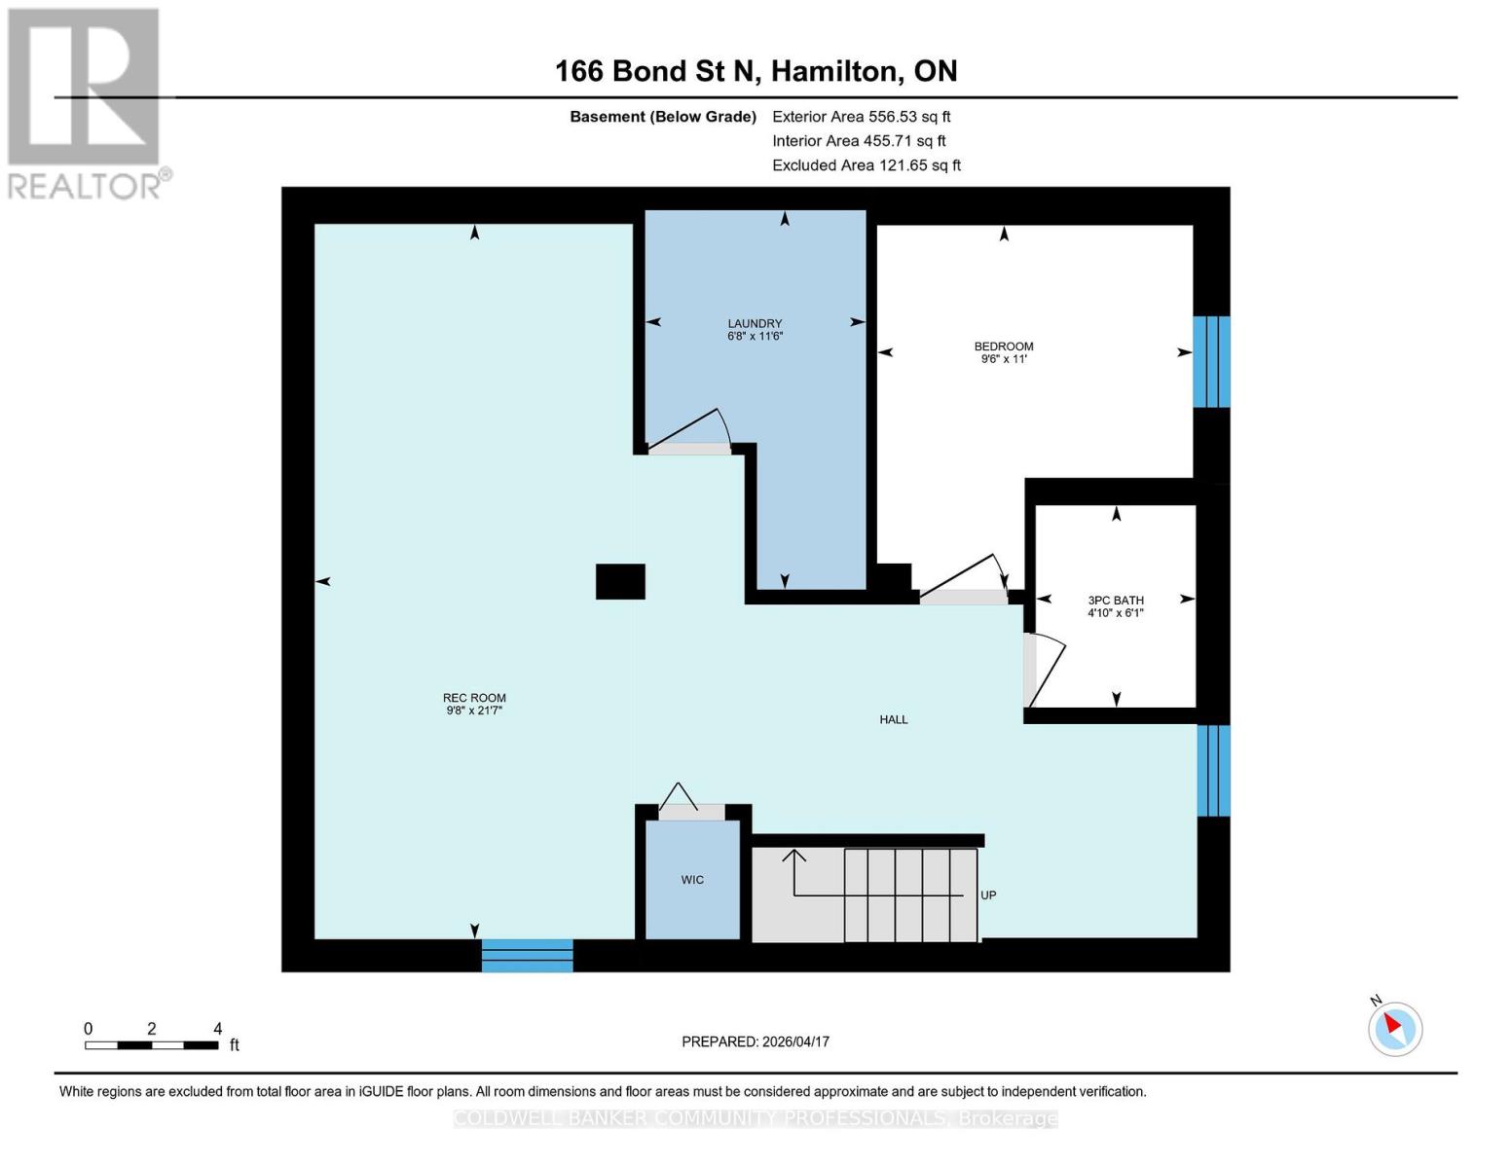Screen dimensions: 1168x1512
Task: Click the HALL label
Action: (x=893, y=719)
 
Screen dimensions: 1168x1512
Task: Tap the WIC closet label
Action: (x=692, y=880)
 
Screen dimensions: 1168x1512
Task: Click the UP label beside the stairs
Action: (x=988, y=895)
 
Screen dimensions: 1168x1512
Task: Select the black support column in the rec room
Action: (x=620, y=582)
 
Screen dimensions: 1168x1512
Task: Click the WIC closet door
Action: (x=680, y=799)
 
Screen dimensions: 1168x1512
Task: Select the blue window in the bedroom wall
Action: (x=1211, y=361)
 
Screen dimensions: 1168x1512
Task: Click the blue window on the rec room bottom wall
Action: (x=527, y=956)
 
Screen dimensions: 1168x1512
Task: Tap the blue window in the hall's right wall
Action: (x=1213, y=771)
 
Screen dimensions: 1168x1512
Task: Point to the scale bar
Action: (x=151, y=1045)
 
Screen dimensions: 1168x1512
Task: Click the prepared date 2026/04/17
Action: (x=756, y=1041)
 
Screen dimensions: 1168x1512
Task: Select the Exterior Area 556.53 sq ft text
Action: (x=861, y=117)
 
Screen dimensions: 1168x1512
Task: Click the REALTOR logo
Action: (x=86, y=103)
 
